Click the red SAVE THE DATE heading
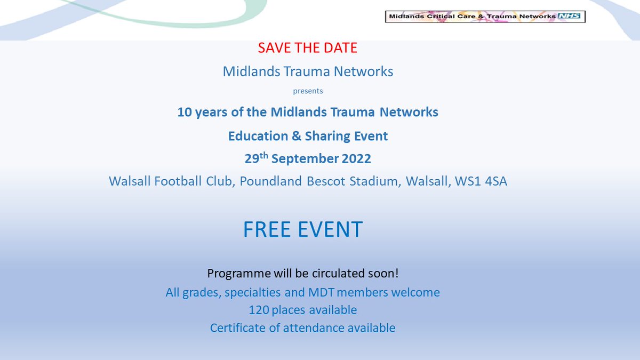(x=308, y=48)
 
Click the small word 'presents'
(x=308, y=91)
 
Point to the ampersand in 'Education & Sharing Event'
(x=295, y=136)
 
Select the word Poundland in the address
(x=271, y=181)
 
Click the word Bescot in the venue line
(x=327, y=181)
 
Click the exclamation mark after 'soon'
(x=396, y=274)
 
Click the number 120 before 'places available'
(x=258, y=310)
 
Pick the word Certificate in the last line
(x=237, y=327)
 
